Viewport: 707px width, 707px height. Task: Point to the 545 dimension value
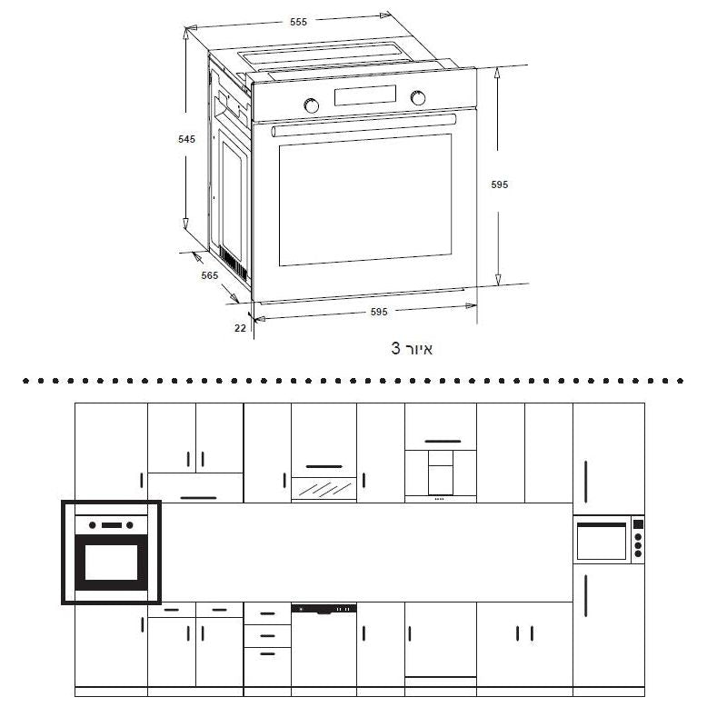186,139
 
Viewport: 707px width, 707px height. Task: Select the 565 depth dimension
210,275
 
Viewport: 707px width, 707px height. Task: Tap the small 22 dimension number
240,328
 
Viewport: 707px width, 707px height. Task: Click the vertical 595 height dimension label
499,184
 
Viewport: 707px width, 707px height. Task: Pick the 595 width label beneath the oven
379,312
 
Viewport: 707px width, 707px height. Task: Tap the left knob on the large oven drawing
312,105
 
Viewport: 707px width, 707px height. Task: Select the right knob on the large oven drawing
418,98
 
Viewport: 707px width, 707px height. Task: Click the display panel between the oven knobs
365,95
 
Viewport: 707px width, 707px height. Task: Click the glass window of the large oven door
364,200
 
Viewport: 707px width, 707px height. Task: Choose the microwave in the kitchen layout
608,541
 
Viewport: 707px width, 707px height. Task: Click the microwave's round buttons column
637,541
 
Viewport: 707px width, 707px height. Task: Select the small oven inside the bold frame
111,552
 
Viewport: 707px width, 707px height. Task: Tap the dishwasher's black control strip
324,607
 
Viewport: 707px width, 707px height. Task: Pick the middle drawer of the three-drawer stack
267,635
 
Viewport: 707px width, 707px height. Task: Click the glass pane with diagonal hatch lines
324,489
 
